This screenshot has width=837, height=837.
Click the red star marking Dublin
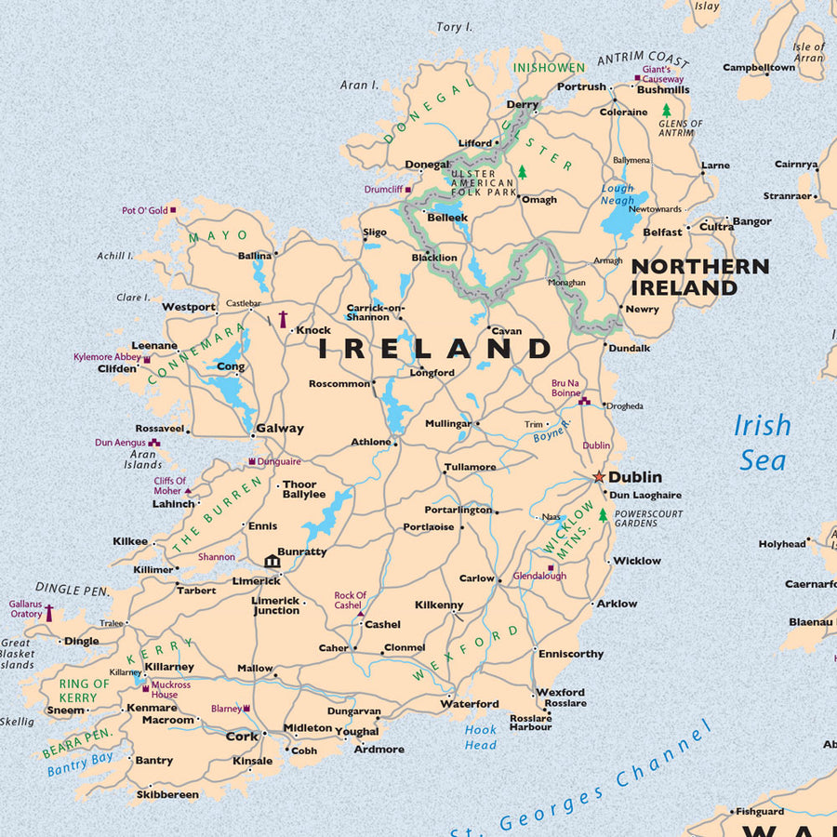point(599,477)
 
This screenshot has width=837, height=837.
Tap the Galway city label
point(280,429)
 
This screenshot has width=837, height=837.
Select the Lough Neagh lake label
point(618,194)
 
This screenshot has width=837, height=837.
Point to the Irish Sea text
point(763,443)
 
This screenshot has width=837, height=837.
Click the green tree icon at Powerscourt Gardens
point(603,514)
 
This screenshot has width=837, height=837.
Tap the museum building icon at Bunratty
point(272,561)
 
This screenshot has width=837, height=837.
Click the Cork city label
point(242,736)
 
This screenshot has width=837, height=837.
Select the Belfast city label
point(663,232)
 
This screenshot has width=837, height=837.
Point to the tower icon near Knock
point(283,319)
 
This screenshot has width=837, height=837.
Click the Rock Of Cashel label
point(351,600)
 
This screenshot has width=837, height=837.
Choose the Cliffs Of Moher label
point(169,485)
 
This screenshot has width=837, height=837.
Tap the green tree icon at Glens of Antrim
point(666,110)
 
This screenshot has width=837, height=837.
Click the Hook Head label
point(481,737)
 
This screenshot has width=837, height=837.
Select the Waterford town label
point(470,704)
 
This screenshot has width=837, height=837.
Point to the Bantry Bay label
point(80,764)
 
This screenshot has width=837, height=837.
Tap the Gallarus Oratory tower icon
point(49,613)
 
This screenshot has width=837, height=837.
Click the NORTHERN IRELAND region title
point(699,277)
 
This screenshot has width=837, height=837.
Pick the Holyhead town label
point(782,544)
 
